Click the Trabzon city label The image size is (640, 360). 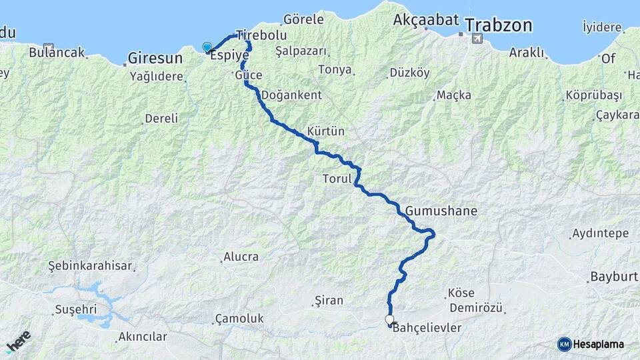pyautogui.click(x=499, y=26)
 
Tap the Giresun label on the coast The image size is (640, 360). pyautogui.click(x=153, y=57)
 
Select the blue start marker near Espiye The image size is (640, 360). pyautogui.click(x=207, y=47)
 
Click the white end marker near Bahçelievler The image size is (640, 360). pyautogui.click(x=389, y=320)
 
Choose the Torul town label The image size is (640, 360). pyautogui.click(x=336, y=179)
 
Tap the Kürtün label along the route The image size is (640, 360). pyautogui.click(x=326, y=131)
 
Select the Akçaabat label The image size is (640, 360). pyautogui.click(x=423, y=19)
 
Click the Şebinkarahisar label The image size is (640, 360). pyautogui.click(x=90, y=265)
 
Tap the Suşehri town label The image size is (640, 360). pyautogui.click(x=75, y=309)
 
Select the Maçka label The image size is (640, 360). pyautogui.click(x=453, y=95)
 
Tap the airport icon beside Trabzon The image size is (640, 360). pyautogui.click(x=477, y=39)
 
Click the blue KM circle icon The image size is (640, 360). pyautogui.click(x=564, y=344)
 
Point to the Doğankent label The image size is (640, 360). pyautogui.click(x=291, y=95)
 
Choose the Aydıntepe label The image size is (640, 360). pyautogui.click(x=600, y=234)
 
